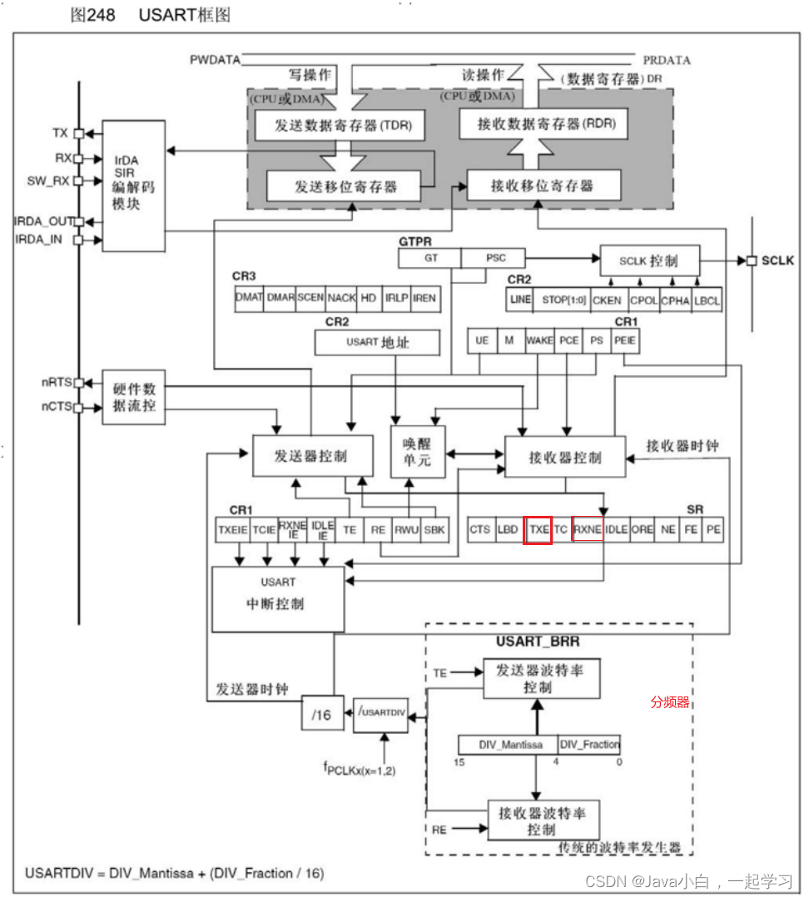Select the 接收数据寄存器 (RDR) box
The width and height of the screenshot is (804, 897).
543,125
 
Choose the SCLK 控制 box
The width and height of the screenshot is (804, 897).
649,260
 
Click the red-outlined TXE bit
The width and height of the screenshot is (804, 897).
538,530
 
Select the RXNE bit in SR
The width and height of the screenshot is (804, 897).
588,530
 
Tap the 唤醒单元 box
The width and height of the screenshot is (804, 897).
418,452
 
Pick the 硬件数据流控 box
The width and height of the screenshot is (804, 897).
133,398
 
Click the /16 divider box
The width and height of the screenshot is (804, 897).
321,714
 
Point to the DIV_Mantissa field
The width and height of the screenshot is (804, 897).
507,745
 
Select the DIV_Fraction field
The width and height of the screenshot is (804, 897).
589,745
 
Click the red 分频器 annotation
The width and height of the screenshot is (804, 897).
670,702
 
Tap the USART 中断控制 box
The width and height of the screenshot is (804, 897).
278,598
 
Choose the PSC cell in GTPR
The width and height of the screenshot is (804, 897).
494,258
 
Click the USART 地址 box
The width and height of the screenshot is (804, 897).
377,341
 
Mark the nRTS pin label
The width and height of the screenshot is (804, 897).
57,383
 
